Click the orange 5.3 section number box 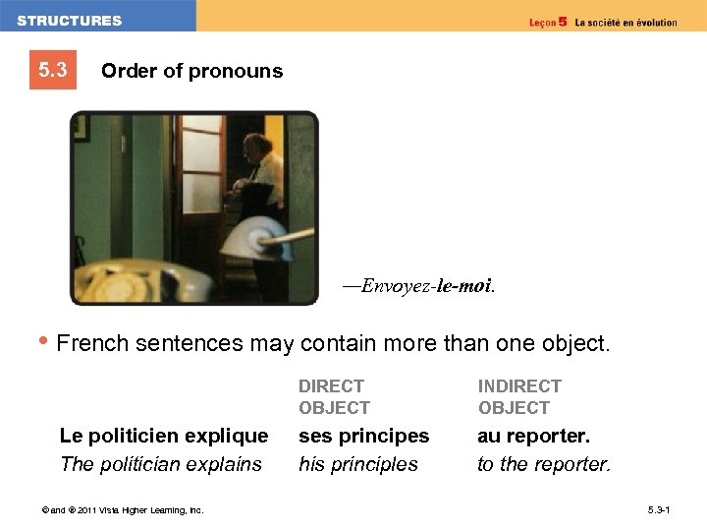(53, 71)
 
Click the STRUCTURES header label (70, 21)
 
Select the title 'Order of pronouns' (191, 71)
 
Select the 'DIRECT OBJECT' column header (334, 396)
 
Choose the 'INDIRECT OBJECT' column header (519, 396)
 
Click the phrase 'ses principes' (363, 435)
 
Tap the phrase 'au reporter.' (534, 435)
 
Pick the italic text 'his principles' (358, 464)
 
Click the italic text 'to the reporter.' (544, 464)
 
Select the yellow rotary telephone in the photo (137, 281)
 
